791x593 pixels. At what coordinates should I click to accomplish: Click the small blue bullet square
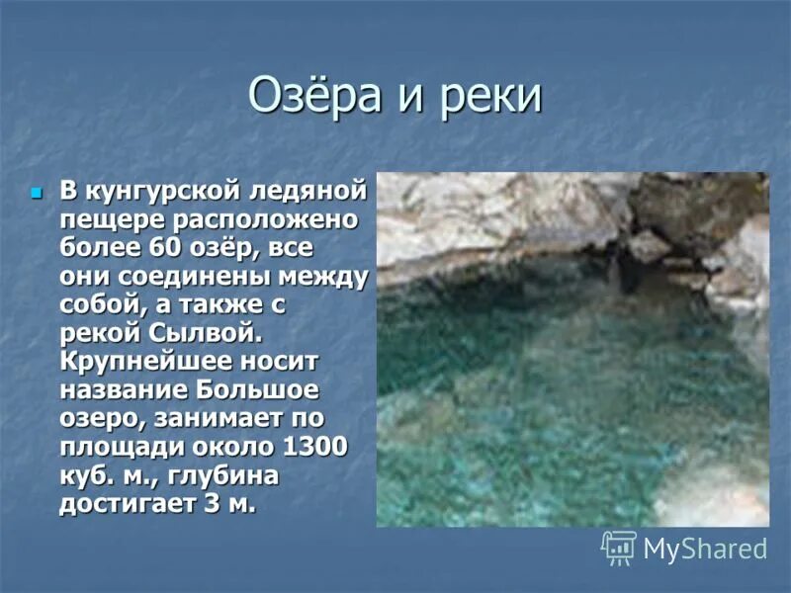coord(38,190)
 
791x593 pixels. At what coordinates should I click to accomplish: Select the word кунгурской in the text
coord(165,189)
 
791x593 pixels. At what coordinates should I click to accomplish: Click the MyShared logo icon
coord(620,548)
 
